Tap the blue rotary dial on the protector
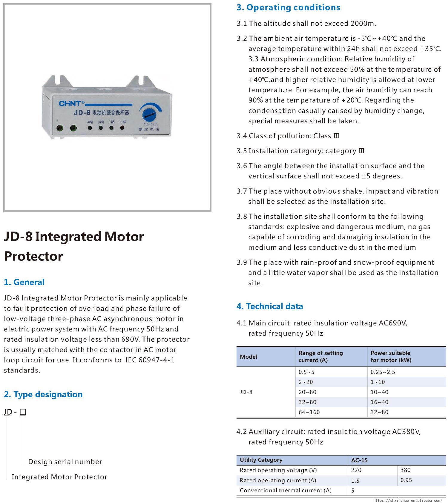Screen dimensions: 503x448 pyautogui.click(x=148, y=114)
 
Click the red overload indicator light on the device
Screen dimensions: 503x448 pyautogui.click(x=122, y=128)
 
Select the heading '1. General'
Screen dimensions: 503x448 pyautogui.click(x=24, y=282)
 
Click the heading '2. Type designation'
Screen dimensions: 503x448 pyautogui.click(x=43, y=394)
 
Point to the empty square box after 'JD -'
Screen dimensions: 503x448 pyautogui.click(x=23, y=412)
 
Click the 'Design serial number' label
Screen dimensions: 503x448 pyautogui.click(x=65, y=461)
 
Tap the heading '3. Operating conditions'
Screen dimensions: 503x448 pyautogui.click(x=288, y=7)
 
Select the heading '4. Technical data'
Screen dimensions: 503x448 pyautogui.click(x=270, y=306)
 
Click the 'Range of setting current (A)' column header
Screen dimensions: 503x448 pyautogui.click(x=320, y=356)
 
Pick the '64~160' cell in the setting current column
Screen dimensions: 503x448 pyautogui.click(x=309, y=412)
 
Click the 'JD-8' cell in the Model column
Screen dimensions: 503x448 pyautogui.click(x=246, y=392)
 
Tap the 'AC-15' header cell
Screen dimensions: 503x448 pyautogui.click(x=359, y=460)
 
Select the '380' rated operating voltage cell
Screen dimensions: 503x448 pyautogui.click(x=405, y=470)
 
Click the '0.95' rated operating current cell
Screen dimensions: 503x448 pyautogui.click(x=406, y=480)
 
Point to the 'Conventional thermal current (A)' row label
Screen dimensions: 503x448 pyautogui.click(x=286, y=490)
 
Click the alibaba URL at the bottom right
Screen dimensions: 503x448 pyautogui.click(x=408, y=500)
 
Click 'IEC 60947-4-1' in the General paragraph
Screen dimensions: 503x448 pyautogui.click(x=150, y=360)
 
